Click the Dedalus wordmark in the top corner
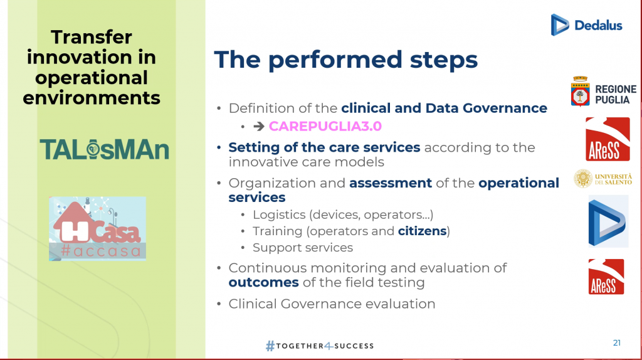point(598,25)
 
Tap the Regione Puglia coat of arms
point(580,92)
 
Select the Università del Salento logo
point(603,179)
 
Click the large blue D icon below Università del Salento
point(608,221)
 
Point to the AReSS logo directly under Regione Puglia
point(608,139)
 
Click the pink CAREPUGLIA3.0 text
point(325,126)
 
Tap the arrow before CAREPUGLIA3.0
point(259,126)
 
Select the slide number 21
point(617,343)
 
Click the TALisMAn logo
point(105,149)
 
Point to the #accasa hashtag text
point(101,251)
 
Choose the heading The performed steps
point(346,60)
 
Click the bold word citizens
point(422,231)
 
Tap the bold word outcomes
point(264,282)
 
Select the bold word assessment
point(391,183)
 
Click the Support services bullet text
point(303,247)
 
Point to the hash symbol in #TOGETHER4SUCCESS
point(270,346)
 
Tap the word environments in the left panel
point(92,97)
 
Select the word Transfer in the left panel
point(92,37)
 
